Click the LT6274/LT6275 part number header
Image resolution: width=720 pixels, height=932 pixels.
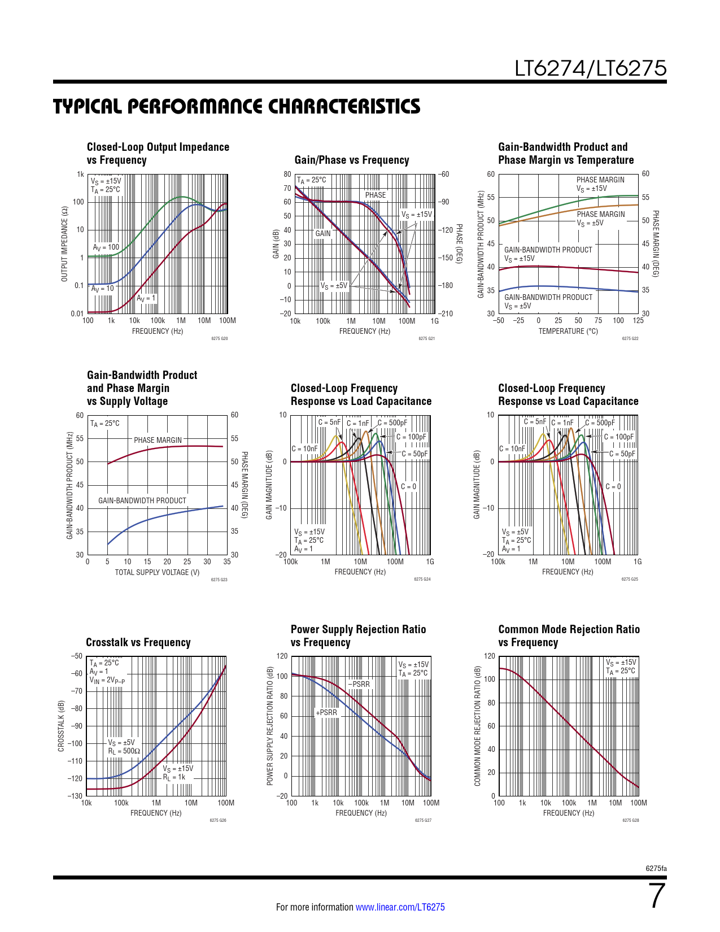pos(590,68)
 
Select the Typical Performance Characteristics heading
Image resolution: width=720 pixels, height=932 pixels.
pos(237,107)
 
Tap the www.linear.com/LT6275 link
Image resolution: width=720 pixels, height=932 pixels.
pos(400,907)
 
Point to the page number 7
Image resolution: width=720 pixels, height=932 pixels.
pos(657,896)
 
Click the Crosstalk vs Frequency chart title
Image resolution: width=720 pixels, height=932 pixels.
pos(138,642)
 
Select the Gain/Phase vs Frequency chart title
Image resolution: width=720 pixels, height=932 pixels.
pos(351,160)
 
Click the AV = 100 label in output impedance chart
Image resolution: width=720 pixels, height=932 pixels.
pos(106,247)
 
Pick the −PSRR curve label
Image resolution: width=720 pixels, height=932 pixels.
pos(359,685)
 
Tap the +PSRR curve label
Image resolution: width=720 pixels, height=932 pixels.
pos(326,713)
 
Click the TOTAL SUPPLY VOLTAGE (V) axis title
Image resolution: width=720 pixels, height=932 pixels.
pos(157,572)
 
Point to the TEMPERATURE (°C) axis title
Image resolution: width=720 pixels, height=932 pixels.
pos(568,331)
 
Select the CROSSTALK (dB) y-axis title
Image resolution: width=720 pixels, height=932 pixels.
pos(61,726)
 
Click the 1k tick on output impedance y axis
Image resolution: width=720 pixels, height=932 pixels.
pos(80,175)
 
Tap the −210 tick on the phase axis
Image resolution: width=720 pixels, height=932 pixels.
pos(446,313)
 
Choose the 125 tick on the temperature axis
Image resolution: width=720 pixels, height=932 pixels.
pos(638,321)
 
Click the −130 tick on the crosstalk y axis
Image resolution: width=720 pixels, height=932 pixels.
pos(75,796)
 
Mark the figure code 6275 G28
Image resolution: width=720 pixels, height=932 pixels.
pos(631,820)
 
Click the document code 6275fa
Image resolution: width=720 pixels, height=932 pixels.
pos(656,868)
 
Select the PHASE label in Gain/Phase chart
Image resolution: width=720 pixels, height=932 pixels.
pos(375,195)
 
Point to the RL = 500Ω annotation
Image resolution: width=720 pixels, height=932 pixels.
pos(124,751)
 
